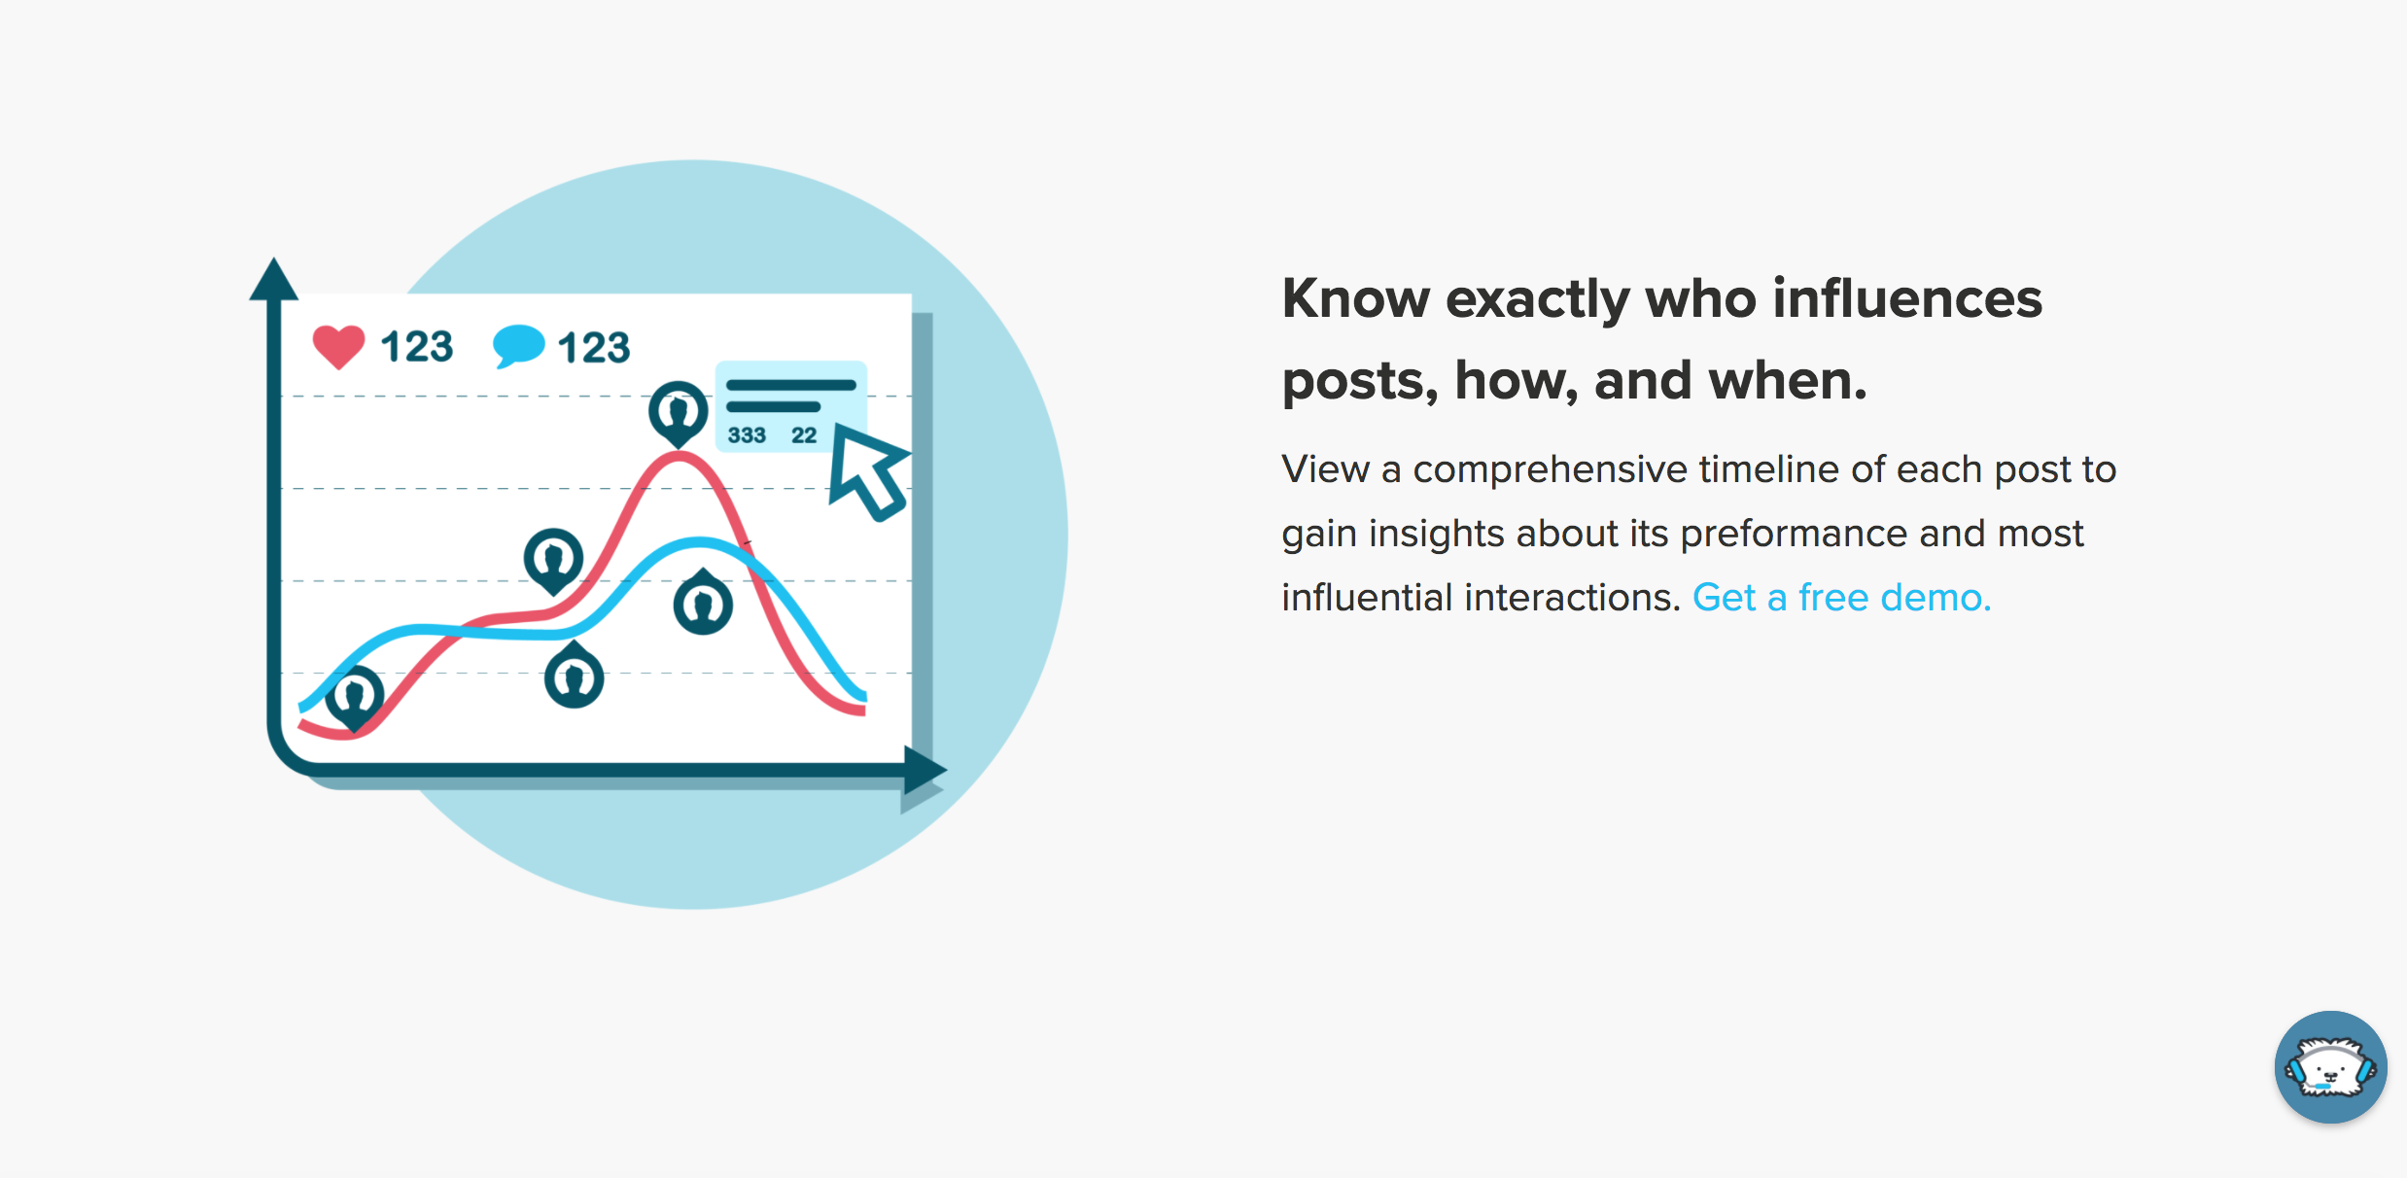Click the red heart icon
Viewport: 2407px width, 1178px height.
coord(338,346)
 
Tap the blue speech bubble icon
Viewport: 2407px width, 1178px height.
coord(518,345)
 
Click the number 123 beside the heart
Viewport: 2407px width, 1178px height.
coord(416,347)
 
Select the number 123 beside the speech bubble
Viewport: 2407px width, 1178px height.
coord(594,348)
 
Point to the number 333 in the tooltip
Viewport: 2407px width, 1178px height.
coord(747,435)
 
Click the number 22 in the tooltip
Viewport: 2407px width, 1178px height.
coord(804,435)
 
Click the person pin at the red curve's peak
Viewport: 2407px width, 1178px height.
coord(678,412)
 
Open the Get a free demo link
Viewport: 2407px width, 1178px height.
coord(1841,598)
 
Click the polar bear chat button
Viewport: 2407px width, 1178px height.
coord(2330,1066)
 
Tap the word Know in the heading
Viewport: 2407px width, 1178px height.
coord(1355,298)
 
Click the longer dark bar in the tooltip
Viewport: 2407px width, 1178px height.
coord(791,385)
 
